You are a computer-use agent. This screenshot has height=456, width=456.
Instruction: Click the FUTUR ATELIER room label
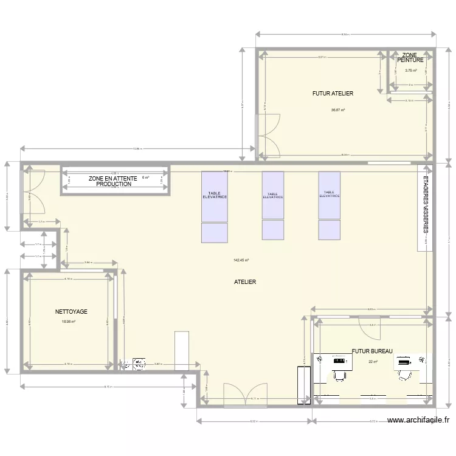coord(333,94)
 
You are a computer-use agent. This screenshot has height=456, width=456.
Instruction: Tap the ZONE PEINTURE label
coord(410,58)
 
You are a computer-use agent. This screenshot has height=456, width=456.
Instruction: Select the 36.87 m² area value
coord(338,110)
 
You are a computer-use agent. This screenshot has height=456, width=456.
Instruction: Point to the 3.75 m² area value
coord(410,71)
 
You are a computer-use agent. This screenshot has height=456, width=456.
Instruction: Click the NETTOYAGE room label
coord(71,311)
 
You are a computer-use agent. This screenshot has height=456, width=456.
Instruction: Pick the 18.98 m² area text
coord(68,322)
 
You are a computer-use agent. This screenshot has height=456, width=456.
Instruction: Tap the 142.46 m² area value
coord(241,260)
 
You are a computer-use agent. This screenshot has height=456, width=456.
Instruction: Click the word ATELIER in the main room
coord(245,282)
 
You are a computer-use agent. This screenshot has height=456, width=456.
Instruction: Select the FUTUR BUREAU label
coord(372,351)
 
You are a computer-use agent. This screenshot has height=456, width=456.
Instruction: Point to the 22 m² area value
coord(373,362)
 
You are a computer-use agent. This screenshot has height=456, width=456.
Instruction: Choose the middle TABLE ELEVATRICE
coord(272,195)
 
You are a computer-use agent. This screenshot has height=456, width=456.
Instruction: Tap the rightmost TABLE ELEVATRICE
coord(329,195)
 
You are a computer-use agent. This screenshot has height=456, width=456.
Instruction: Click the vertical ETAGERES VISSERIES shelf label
coord(426,204)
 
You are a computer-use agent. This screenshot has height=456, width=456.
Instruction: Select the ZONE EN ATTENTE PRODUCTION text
coord(114,181)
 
